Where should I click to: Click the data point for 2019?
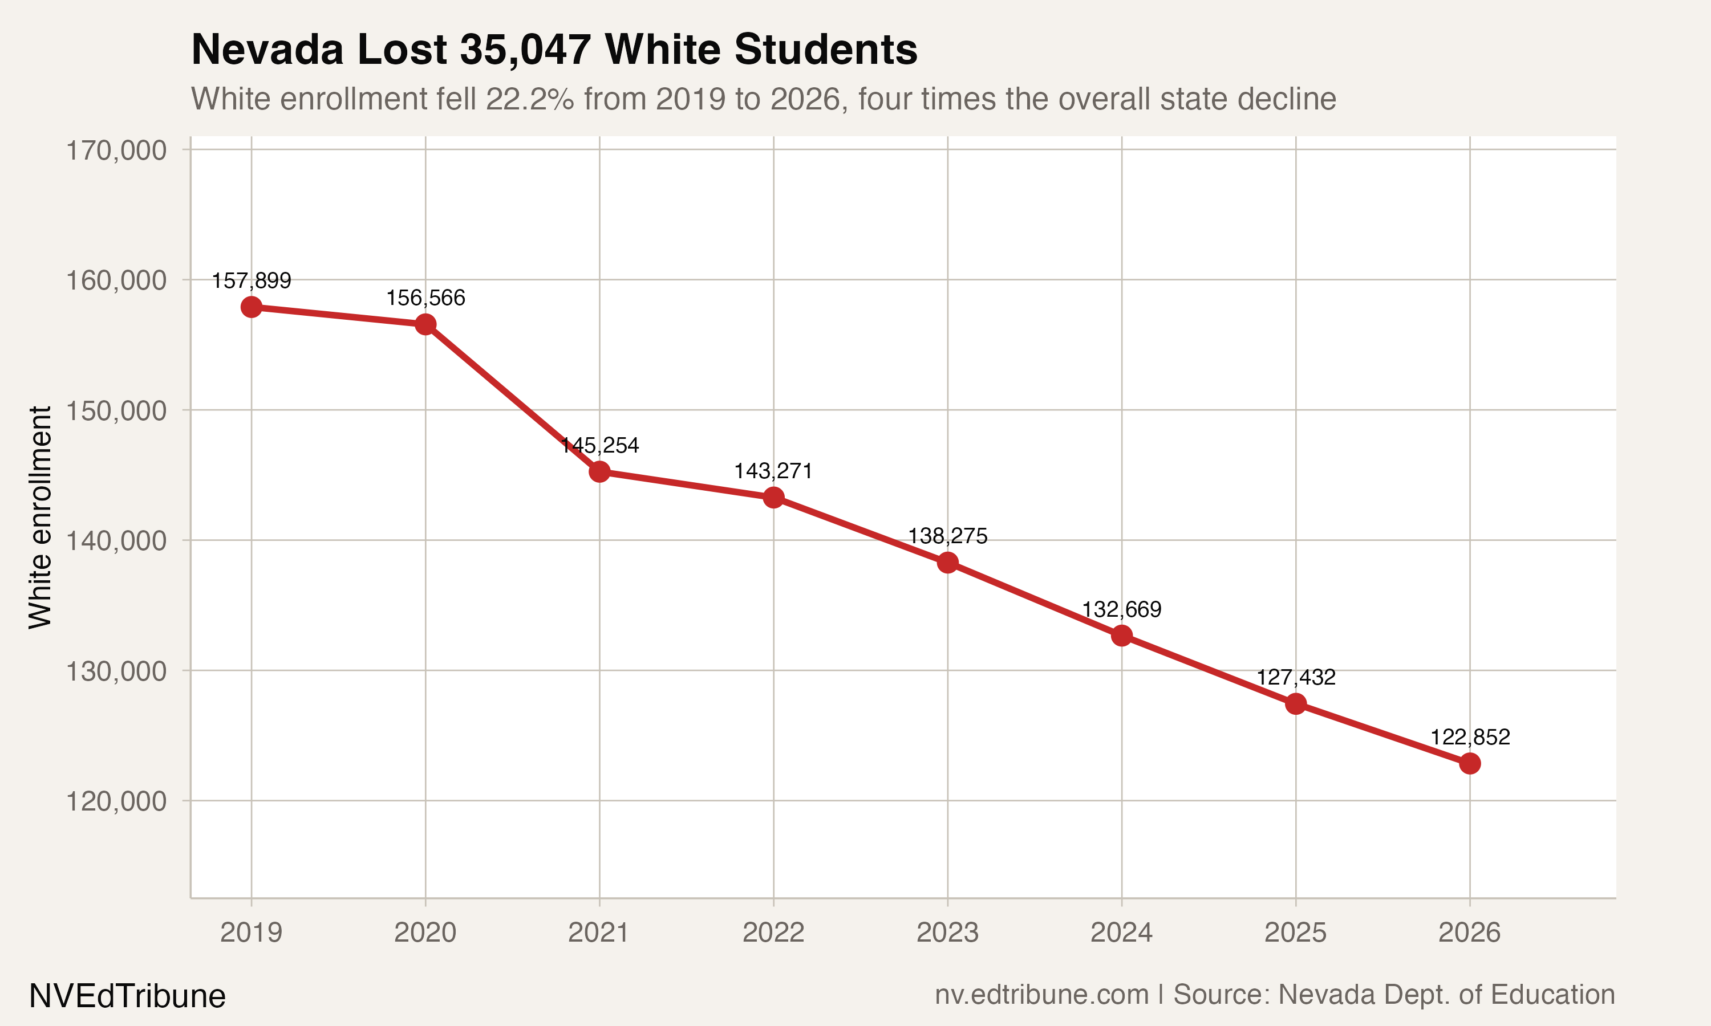click(251, 307)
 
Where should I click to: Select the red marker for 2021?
click(599, 472)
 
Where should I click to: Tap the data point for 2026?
click(1470, 764)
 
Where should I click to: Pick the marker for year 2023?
click(947, 563)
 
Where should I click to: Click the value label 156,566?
click(425, 298)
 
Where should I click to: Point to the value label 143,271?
click(773, 471)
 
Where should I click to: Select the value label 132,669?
click(1121, 610)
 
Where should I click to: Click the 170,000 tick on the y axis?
click(116, 150)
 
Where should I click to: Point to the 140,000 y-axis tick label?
click(116, 541)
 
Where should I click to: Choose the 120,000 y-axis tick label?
click(116, 801)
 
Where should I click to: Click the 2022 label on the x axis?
click(773, 933)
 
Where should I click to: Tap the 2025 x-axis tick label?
click(1295, 933)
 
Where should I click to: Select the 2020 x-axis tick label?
click(425, 933)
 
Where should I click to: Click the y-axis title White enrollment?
click(40, 517)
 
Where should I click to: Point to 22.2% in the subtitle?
click(529, 99)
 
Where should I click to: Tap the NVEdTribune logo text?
click(127, 996)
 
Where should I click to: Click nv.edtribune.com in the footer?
click(1041, 995)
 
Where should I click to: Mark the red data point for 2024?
click(1122, 636)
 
